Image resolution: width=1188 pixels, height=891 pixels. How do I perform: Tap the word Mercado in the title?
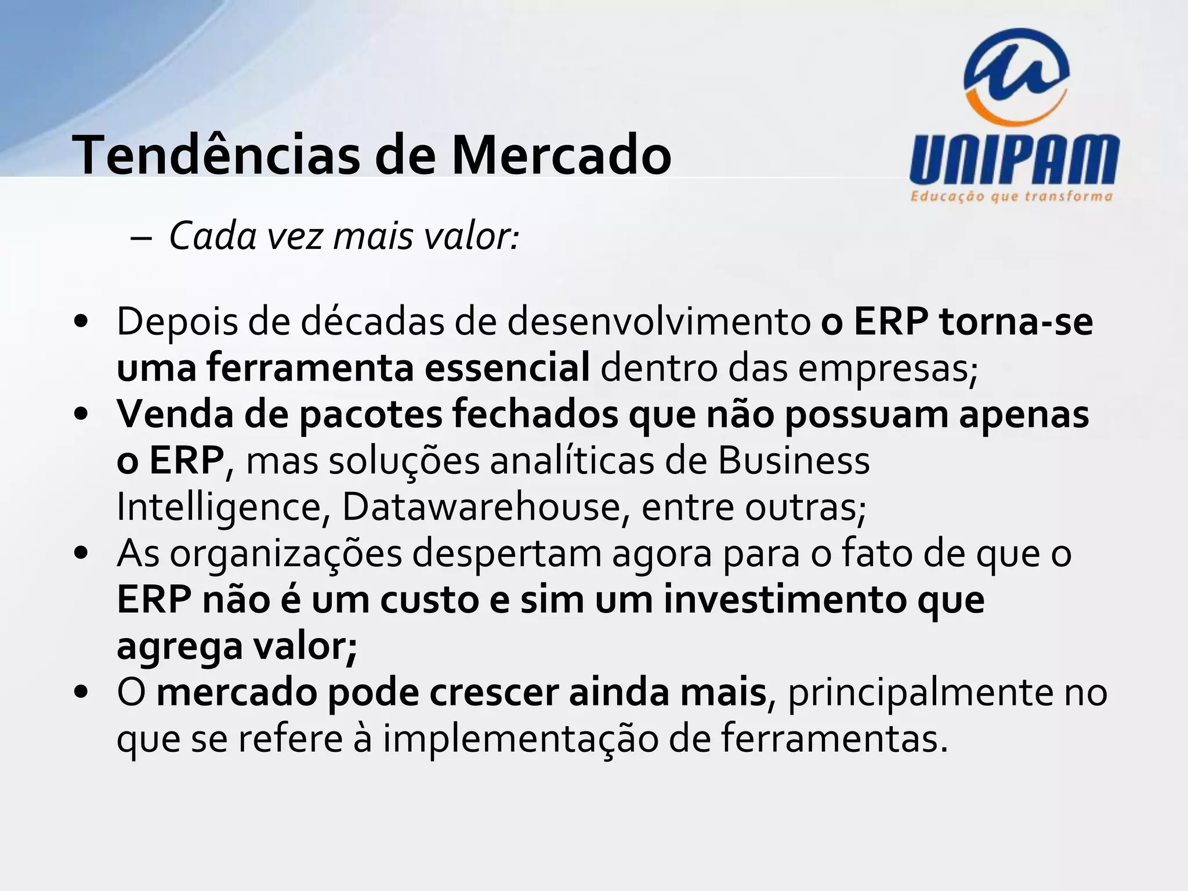561,155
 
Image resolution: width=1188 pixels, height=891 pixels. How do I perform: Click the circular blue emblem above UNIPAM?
1016,75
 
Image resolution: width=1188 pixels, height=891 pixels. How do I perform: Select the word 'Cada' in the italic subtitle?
212,237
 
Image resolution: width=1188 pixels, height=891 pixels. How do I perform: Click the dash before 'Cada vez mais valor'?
142,238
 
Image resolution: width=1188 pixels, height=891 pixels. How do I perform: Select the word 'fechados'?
535,414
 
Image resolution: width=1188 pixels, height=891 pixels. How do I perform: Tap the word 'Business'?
794,461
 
